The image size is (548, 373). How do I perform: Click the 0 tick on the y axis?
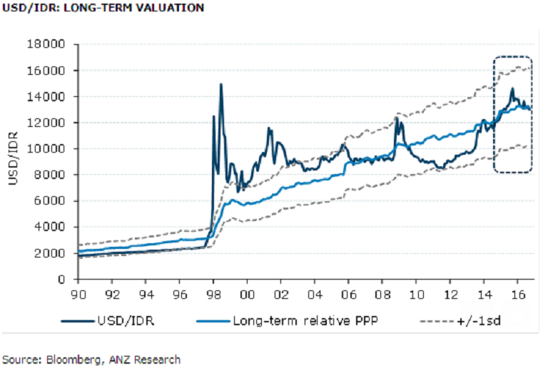(x=64, y=279)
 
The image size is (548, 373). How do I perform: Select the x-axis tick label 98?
(x=213, y=293)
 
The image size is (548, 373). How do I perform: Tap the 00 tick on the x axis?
(x=247, y=293)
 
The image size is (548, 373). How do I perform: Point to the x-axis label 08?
(x=382, y=293)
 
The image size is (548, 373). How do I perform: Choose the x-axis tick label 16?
(x=517, y=293)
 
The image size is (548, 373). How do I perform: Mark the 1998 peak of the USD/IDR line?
(x=220, y=84)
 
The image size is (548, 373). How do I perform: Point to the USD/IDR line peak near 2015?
(x=512, y=88)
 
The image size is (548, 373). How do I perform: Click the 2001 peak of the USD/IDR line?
(x=269, y=128)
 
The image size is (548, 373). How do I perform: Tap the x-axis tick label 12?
(x=449, y=293)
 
